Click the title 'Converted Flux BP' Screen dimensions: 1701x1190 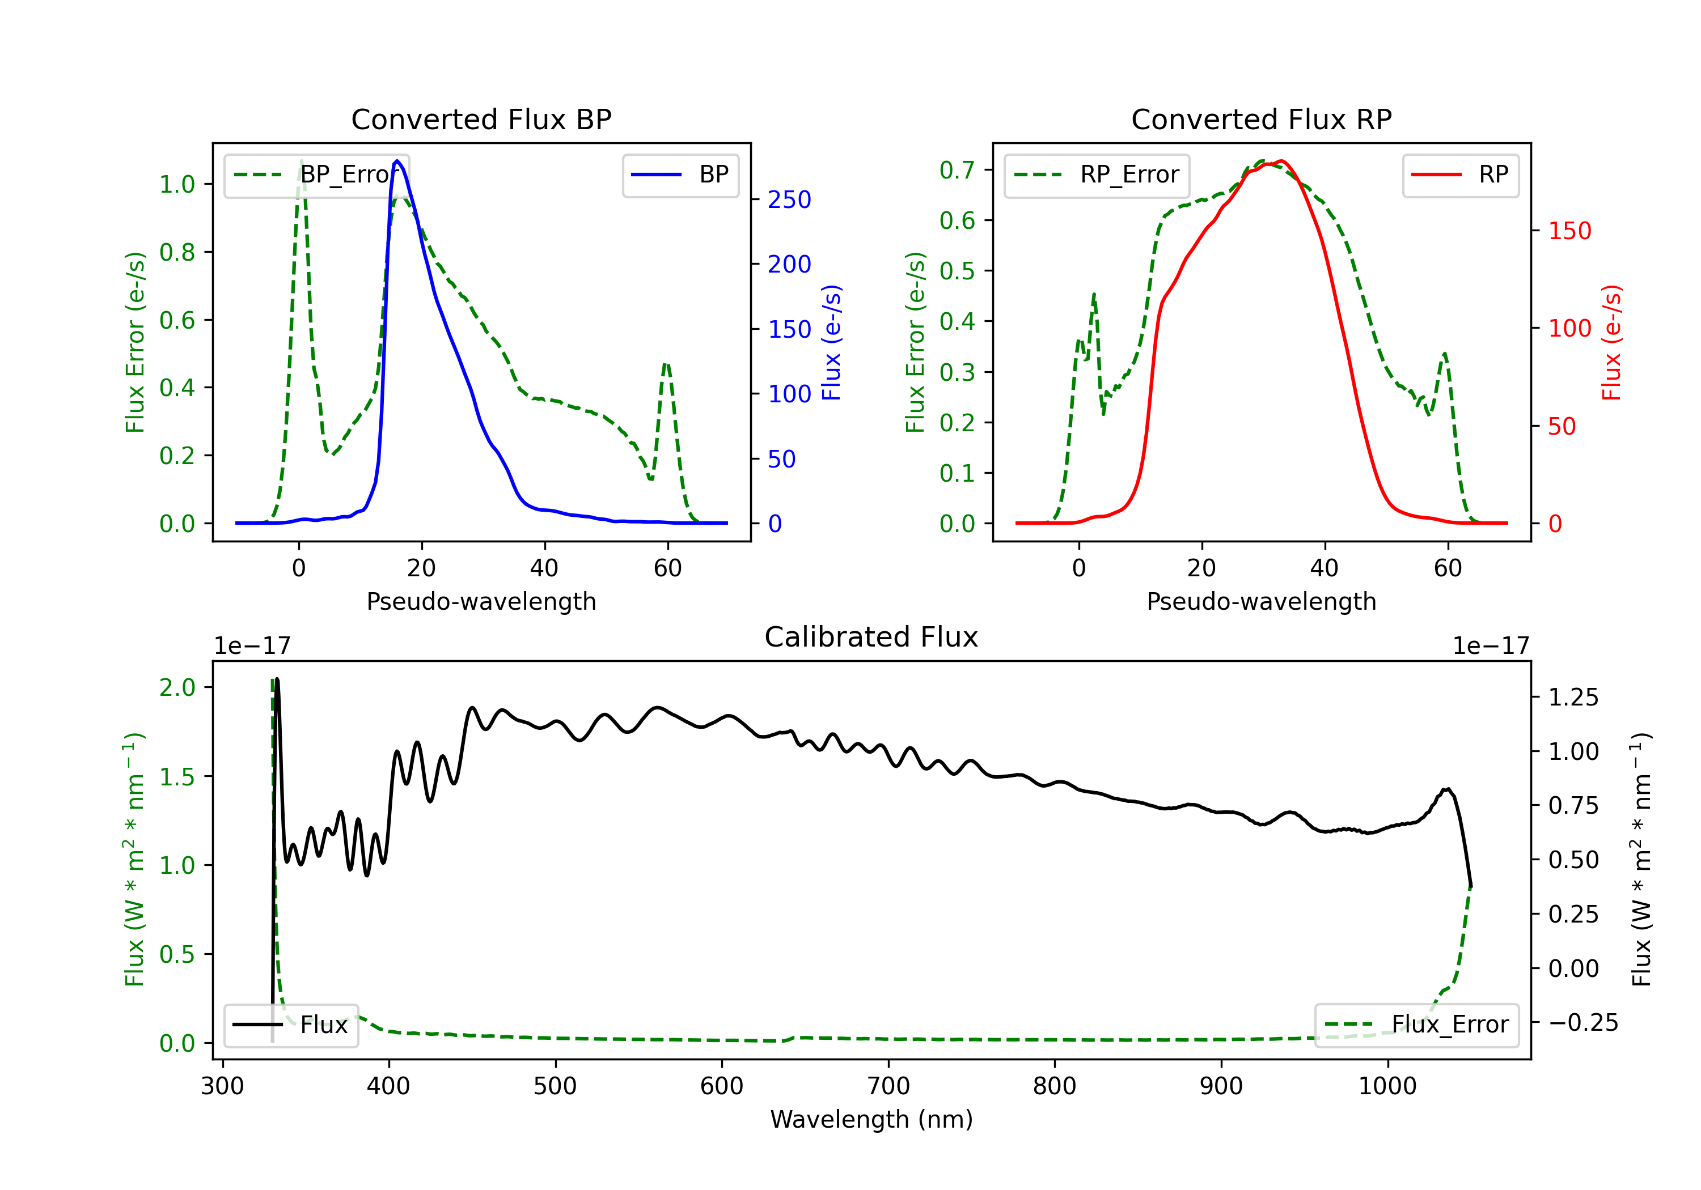pos(481,119)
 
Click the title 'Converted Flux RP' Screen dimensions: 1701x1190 pos(1262,119)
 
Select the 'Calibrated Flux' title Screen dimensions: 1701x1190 pos(871,637)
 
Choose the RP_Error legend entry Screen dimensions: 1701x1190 pos(1097,175)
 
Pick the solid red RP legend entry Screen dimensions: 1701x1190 pos(1461,175)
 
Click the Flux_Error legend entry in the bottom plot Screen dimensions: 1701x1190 pos(1416,1025)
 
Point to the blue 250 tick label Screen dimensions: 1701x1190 pos(789,200)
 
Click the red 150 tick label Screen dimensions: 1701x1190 pos(1570,231)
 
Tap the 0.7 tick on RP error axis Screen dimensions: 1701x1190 pos(957,171)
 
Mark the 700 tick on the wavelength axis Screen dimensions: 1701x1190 pos(888,1086)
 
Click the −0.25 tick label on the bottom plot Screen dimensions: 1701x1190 pos(1583,1023)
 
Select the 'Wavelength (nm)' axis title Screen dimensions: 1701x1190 pos(871,1119)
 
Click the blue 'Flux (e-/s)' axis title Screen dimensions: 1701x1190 pos(832,343)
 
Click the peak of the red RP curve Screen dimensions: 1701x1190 pos(1281,161)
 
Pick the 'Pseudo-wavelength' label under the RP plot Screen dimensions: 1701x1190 pos(1262,601)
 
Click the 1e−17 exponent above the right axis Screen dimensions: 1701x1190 pos(1491,647)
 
